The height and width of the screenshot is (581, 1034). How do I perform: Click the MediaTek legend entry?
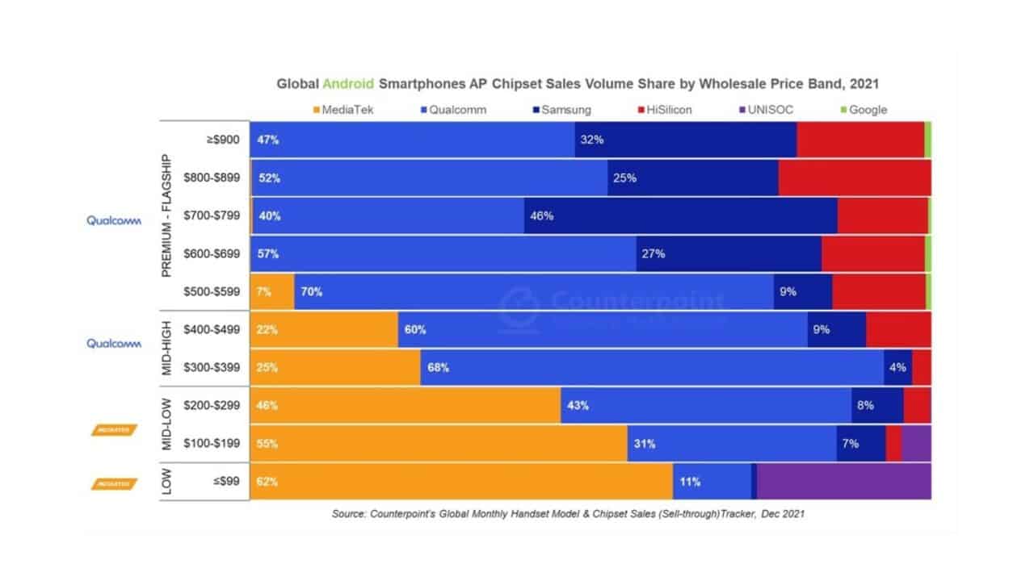(x=343, y=110)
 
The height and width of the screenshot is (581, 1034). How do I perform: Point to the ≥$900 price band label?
(x=223, y=140)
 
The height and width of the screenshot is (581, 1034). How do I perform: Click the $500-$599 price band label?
(x=212, y=291)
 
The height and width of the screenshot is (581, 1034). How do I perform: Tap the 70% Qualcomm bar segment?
(x=534, y=291)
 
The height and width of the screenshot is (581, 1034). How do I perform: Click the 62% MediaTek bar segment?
(x=461, y=482)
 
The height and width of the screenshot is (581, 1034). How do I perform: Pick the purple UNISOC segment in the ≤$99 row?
(x=843, y=482)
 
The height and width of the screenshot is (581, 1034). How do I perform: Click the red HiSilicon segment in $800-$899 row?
(x=855, y=178)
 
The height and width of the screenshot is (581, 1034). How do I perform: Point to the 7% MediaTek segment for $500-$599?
(x=272, y=291)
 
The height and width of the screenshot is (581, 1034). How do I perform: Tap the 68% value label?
(x=439, y=367)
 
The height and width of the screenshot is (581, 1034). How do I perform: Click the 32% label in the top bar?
(x=592, y=140)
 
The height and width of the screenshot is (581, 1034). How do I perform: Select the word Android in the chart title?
(x=347, y=83)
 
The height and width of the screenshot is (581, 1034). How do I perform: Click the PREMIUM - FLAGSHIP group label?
(x=167, y=215)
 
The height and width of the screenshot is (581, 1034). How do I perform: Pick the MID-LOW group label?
(x=167, y=424)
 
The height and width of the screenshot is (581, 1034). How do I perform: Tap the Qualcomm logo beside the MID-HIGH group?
(x=114, y=344)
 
